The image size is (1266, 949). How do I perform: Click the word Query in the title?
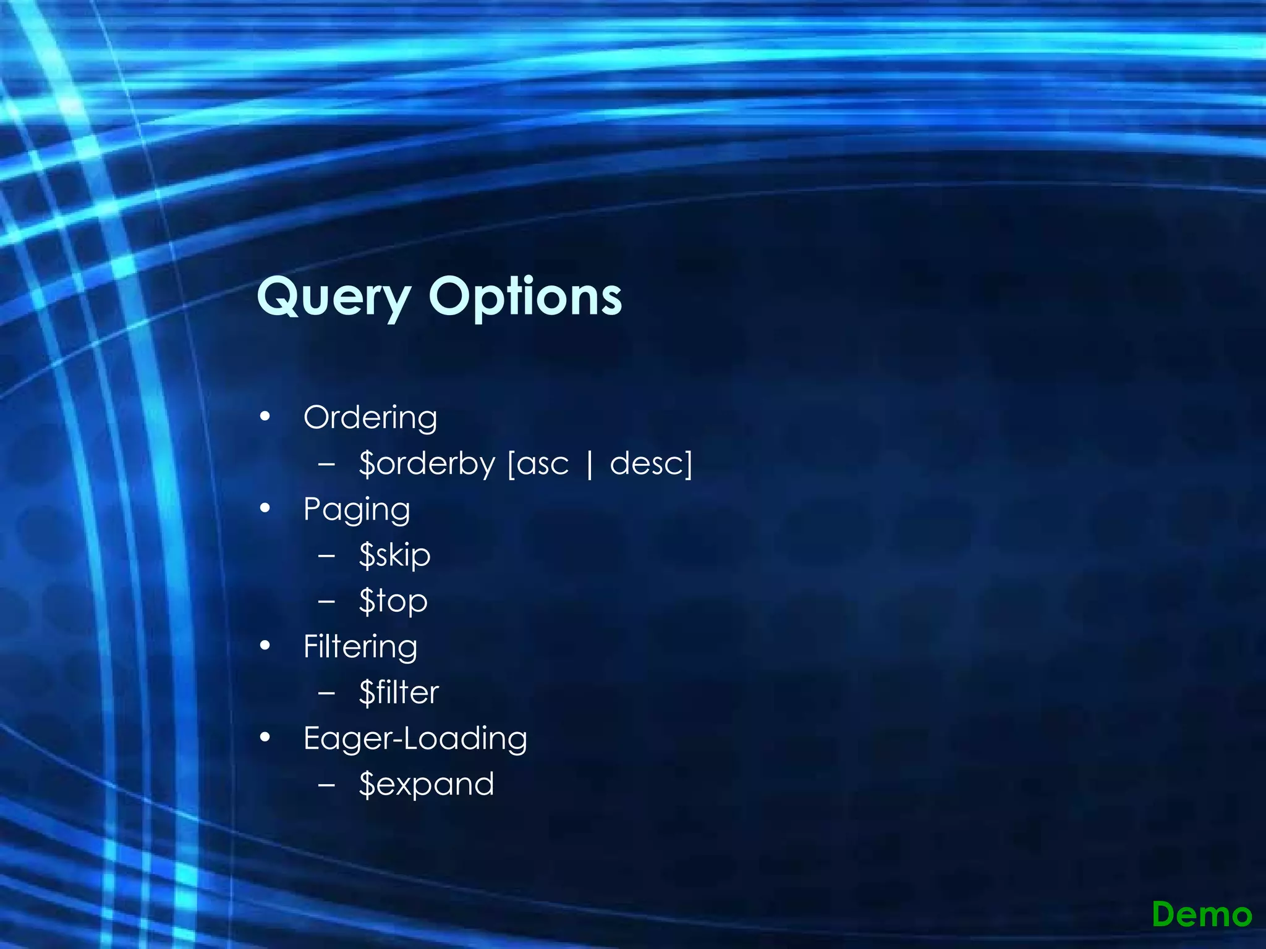pos(333,297)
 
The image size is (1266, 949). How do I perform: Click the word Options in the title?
pos(525,297)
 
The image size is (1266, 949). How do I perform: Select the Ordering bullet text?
pos(370,418)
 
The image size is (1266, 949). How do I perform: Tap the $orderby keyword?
pos(427,463)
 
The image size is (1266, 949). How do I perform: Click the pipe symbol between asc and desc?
pos(590,465)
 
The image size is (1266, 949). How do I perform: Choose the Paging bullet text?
pos(357,510)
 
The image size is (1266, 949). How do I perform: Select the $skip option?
pos(394,555)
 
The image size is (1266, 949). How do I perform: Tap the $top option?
pos(393,601)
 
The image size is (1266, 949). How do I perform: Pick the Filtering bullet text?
pos(360,647)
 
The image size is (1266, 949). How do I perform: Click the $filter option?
pos(399,693)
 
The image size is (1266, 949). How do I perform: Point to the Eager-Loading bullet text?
pos(415,739)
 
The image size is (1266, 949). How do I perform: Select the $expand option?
pos(427,785)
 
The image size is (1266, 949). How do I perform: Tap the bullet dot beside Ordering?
pos(265,417)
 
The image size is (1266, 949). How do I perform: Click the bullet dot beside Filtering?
pos(265,646)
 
